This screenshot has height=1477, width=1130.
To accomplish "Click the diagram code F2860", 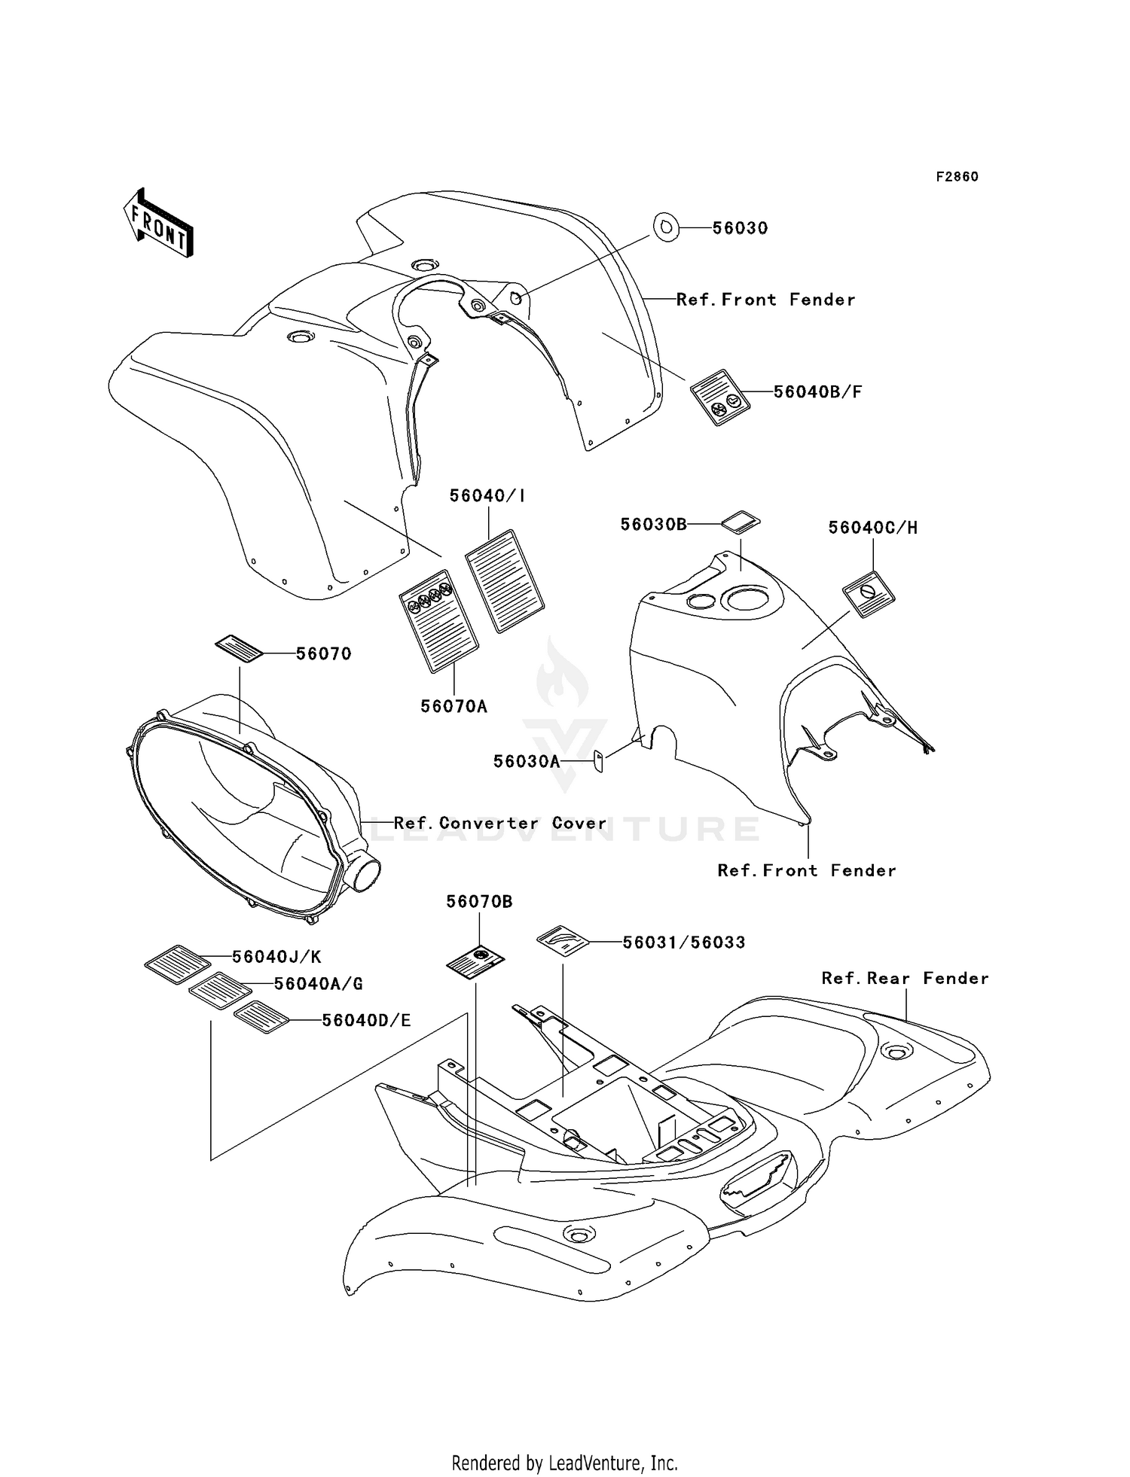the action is pos(957,177).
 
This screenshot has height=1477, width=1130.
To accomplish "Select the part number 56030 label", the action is pos(740,228).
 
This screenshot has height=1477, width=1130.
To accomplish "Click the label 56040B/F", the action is pos(818,391).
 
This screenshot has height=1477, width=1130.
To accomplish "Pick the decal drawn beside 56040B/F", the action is pos(721,397).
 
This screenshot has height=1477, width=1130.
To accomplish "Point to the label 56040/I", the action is pos(487,495).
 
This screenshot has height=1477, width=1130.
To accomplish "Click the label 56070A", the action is pos(454,706).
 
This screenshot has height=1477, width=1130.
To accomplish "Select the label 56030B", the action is pos(654,524).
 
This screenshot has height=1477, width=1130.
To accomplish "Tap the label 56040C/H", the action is pos(873,528).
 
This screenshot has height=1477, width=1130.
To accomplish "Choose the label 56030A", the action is pos(527,761).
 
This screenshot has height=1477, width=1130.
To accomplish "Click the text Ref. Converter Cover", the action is pos(500,823).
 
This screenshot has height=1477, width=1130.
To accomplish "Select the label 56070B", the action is pos(479,901).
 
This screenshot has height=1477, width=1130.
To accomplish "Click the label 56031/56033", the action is pos(684,943).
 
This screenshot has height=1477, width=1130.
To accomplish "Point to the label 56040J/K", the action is pos(276,957).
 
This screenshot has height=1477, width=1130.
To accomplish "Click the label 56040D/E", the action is pos(366,1020).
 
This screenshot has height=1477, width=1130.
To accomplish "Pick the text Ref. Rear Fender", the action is pos(905,978).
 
